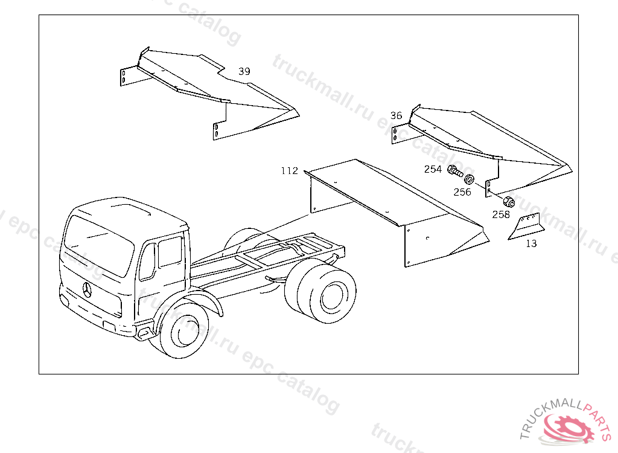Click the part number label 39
tap(244, 71)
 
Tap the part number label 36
tap(396, 115)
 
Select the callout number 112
tap(289, 171)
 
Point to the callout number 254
tap(433, 169)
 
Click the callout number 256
tap(462, 192)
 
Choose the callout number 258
tap(501, 214)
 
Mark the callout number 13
tap(531, 244)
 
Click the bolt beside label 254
tap(456, 172)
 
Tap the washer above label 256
tap(469, 179)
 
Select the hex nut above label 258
tap(509, 202)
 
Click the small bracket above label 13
tap(526, 226)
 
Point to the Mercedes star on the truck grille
tap(87, 290)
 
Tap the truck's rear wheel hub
tap(333, 297)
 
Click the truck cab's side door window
tap(170, 252)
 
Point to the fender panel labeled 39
tap(209, 93)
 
